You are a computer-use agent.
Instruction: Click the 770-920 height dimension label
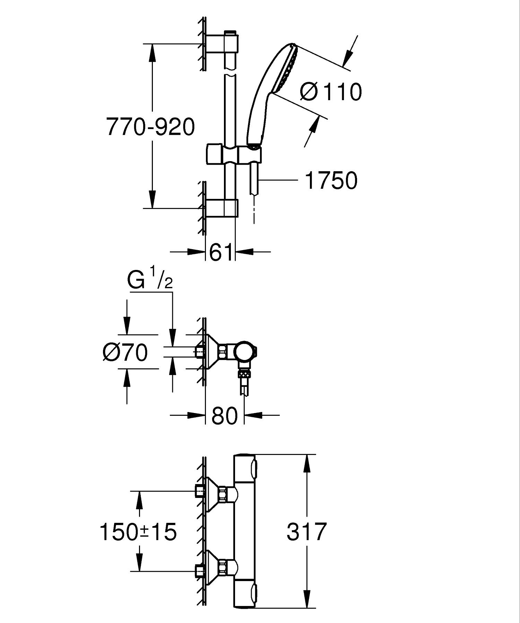150,127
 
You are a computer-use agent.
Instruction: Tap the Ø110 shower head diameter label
331,92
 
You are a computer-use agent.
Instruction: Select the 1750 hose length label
331,181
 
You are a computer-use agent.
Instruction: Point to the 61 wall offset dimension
220,252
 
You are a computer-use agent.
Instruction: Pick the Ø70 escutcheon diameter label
125,352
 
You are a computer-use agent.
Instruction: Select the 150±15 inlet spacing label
138,532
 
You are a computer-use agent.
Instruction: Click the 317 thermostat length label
306,532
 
